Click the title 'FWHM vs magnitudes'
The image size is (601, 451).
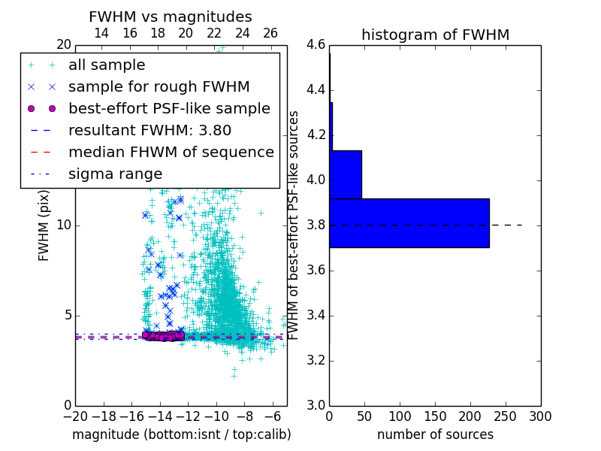coord(171,17)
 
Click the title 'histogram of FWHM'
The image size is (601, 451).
coord(435,35)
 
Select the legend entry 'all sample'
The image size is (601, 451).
coord(107,65)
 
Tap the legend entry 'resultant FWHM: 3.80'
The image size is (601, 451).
coord(149,130)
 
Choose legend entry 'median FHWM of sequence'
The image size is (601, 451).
coord(171,152)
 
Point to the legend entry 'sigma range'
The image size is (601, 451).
coord(115,174)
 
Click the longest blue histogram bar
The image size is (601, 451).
coord(409,222)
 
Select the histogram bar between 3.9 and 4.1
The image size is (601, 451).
coord(346,174)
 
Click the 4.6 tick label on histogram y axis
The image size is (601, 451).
coord(316,45)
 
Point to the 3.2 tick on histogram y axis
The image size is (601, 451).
coord(316,360)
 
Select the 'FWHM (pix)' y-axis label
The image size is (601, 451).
coord(44,225)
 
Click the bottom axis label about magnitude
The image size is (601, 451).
coord(181,434)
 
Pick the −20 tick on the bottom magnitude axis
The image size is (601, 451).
coord(75,416)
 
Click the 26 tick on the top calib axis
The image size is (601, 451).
coord(270,33)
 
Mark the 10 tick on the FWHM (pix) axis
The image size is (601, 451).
coord(65,225)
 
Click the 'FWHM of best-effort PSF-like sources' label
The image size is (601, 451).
coord(294,225)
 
